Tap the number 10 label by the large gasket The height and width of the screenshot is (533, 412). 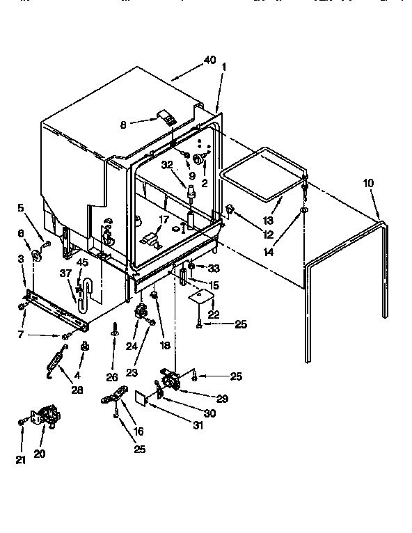[368, 184]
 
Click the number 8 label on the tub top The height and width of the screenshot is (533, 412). [123, 125]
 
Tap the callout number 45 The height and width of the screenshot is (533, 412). [83, 263]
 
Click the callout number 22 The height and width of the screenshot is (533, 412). [214, 315]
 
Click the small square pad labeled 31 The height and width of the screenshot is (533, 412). [143, 397]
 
